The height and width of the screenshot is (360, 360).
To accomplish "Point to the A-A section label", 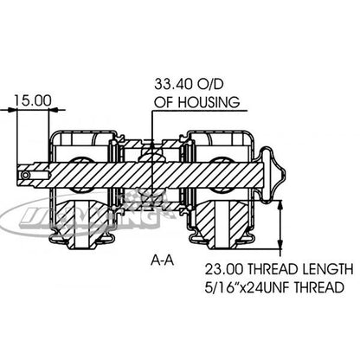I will click(x=162, y=260).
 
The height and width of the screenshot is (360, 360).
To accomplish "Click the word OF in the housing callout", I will click(x=165, y=103).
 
